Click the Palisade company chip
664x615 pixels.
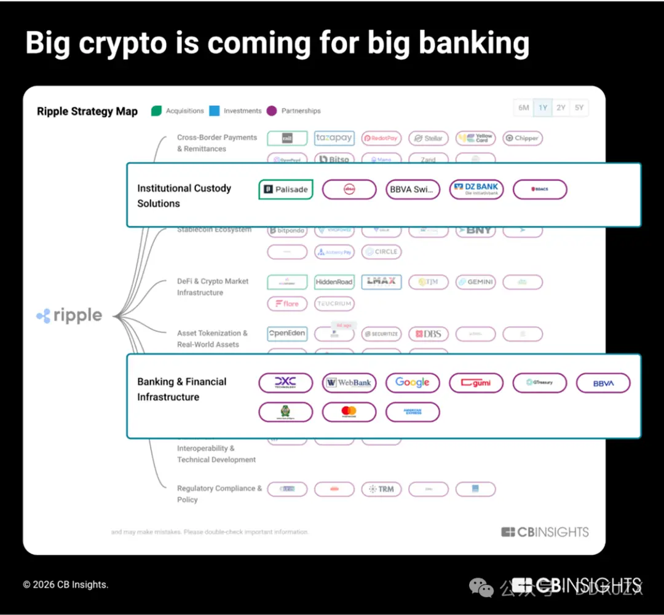[x=286, y=189]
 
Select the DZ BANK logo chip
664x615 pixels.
[x=476, y=189]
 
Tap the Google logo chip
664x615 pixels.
[x=413, y=382]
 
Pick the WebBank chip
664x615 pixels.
[x=349, y=382]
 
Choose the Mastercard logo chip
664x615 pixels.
[x=349, y=412]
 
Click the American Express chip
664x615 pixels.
[x=413, y=412]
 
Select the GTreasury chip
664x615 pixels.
[x=539, y=382]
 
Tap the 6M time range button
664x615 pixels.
[x=524, y=108]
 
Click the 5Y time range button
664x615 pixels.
[x=579, y=108]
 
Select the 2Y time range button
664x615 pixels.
[x=561, y=108]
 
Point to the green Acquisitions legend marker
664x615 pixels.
[x=156, y=111]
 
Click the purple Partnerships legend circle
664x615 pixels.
[x=272, y=111]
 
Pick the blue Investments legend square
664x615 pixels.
[x=214, y=111]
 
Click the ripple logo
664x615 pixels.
[x=69, y=316]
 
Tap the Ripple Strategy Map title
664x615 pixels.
[x=87, y=111]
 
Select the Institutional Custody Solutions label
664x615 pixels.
[x=184, y=195]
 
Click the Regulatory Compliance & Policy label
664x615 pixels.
[x=219, y=494]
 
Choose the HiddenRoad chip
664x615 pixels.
[x=334, y=282]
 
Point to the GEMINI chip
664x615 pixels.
[x=475, y=282]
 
